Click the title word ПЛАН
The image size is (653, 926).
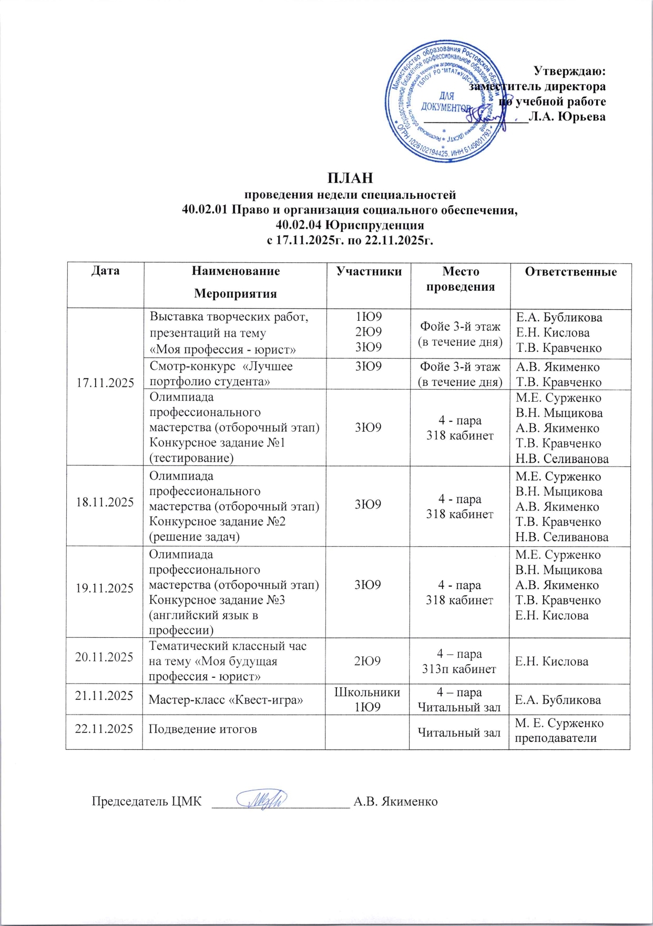coord(350,178)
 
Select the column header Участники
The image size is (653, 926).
coord(369,271)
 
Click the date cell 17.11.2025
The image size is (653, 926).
coord(105,382)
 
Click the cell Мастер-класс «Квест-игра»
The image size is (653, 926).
coord(226,700)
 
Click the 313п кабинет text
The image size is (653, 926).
coord(459,669)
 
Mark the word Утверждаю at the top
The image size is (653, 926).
coord(569,71)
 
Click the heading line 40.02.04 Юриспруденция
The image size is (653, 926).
coord(350,226)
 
